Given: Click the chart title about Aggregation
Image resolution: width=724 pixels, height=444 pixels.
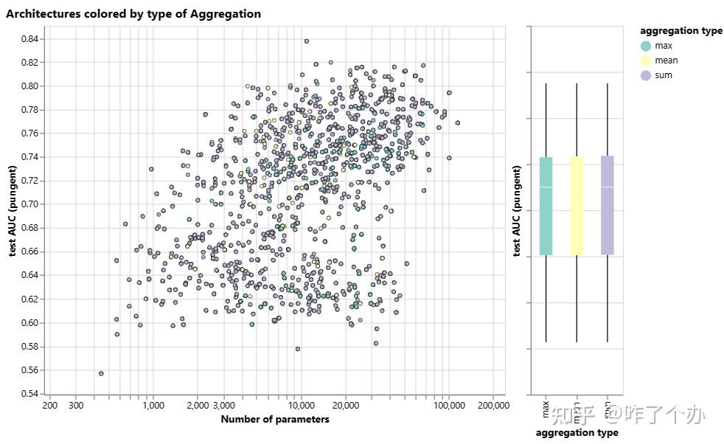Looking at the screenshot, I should coord(133,14).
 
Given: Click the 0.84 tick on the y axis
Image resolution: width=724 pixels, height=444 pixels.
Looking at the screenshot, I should coord(32,38).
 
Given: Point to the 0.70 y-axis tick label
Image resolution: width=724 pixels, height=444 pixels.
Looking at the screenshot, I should coord(32,204).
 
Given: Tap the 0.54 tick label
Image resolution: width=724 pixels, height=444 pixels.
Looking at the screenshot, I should coord(32,394).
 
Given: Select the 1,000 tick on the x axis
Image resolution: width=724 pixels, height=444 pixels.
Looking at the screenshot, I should coord(153,405).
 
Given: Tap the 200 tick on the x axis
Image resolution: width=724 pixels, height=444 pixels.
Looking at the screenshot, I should coord(50,405).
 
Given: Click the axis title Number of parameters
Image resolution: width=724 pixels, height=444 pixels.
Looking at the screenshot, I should coord(275,420).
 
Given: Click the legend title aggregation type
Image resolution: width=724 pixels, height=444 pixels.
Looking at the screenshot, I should coord(681,31).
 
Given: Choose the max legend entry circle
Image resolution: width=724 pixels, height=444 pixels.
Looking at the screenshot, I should coord(646,46).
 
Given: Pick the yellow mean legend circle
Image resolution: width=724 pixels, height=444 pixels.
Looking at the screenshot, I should coord(646,60).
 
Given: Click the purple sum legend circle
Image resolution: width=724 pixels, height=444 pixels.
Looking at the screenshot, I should coord(646,75).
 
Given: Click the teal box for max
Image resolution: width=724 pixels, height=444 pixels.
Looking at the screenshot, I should coord(546,206).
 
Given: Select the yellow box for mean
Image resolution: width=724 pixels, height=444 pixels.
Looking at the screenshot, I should coord(577,206).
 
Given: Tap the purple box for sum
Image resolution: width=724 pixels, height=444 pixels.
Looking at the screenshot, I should coord(607,206).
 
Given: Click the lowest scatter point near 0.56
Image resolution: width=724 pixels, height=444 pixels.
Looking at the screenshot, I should coord(101,373).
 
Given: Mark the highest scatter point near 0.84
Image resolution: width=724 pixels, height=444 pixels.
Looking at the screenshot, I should coord(307,41).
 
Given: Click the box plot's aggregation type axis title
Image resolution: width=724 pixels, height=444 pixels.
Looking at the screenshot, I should coord(577,433).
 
